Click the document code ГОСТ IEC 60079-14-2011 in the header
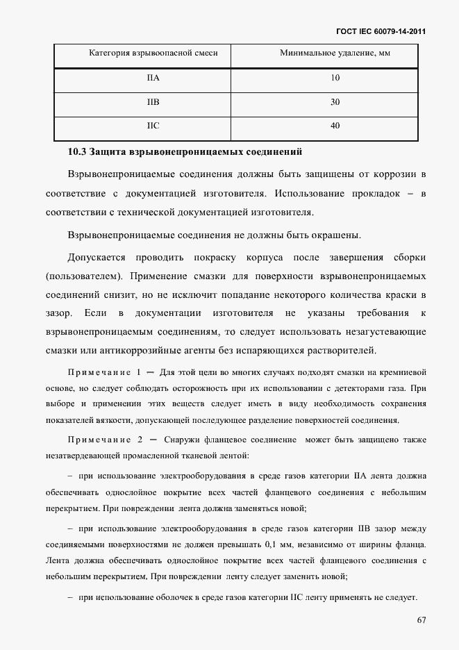point(381,31)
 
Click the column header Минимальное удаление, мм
point(335,53)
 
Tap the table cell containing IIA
point(153,78)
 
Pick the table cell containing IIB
point(153,102)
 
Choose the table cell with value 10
point(335,78)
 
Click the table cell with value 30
point(335,102)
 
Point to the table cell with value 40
point(335,126)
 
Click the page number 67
point(420,620)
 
